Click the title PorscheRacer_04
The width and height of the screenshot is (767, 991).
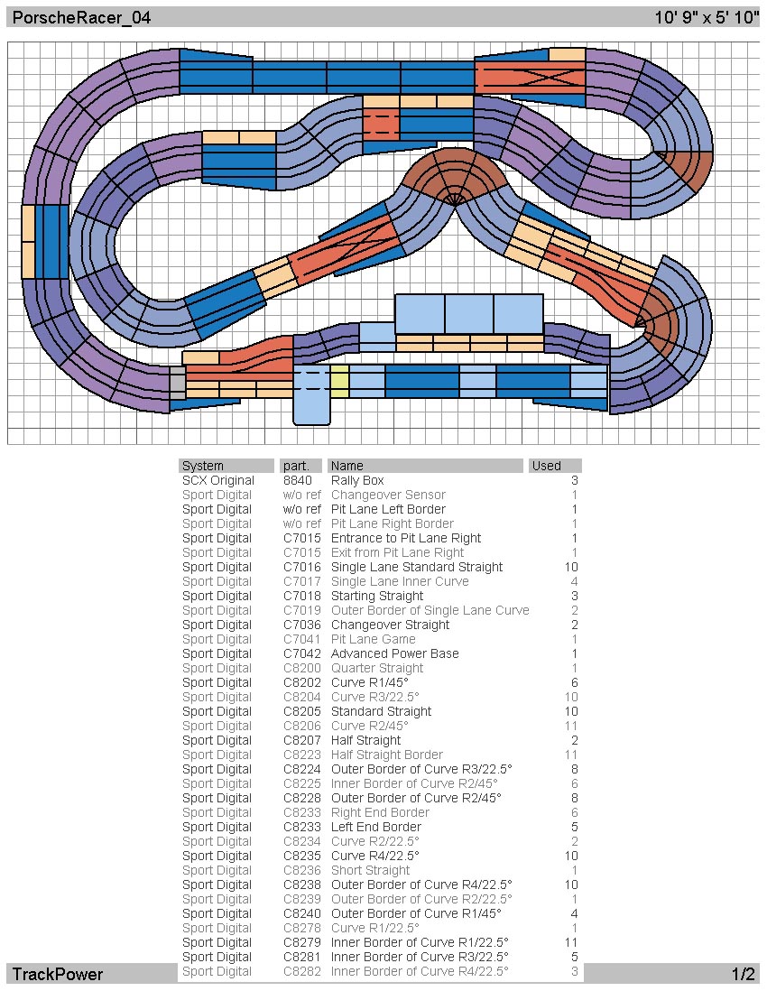pyautogui.click(x=81, y=17)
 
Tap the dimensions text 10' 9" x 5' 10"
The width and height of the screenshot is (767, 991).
pyautogui.click(x=707, y=17)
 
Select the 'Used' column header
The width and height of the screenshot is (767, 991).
pyautogui.click(x=547, y=466)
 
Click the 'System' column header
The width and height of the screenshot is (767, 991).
pyautogui.click(x=203, y=466)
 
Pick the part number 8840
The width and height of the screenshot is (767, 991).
pyautogui.click(x=298, y=480)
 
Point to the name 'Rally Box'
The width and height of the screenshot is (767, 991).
pyautogui.click(x=357, y=480)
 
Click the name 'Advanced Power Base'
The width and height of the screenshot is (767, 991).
pyautogui.click(x=395, y=653)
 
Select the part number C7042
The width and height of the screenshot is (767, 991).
pyautogui.click(x=302, y=653)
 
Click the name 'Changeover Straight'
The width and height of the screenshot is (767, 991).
pyautogui.click(x=391, y=625)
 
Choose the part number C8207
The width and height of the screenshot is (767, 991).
pyautogui.click(x=302, y=740)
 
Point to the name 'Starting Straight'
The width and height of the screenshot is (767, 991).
pyautogui.click(x=377, y=596)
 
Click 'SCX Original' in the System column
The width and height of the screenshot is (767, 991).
pyautogui.click(x=218, y=480)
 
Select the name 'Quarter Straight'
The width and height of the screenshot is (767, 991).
pyautogui.click(x=377, y=668)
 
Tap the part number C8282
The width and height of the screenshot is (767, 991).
pyautogui.click(x=302, y=971)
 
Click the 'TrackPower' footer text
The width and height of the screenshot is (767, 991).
pyautogui.click(x=58, y=974)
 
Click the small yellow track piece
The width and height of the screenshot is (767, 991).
pyautogui.click(x=340, y=381)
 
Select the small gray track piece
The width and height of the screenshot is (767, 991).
pyautogui.click(x=178, y=383)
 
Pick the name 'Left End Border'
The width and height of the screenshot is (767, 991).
pyautogui.click(x=376, y=827)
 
